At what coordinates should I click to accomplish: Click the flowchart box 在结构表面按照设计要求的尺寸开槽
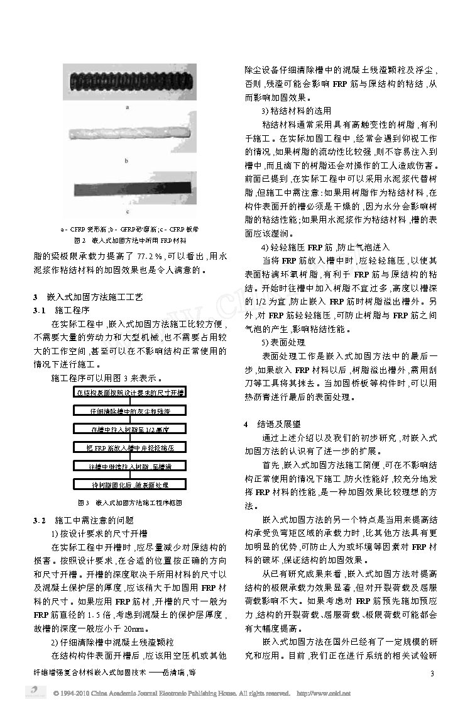coord(129,393)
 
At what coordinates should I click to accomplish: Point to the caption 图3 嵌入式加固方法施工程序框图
coord(129,503)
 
